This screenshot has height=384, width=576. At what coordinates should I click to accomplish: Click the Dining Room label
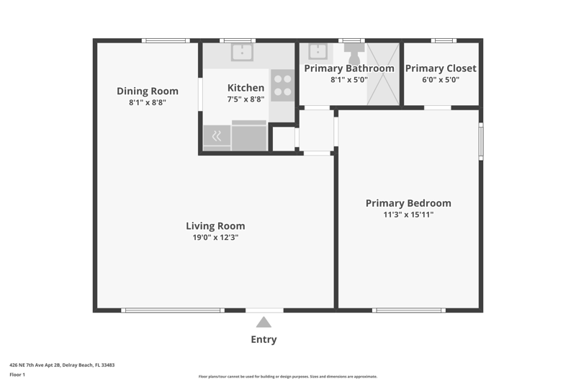(148, 91)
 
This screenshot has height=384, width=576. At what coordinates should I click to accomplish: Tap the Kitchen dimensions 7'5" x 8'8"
(246, 99)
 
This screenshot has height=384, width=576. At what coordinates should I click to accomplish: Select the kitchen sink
(242, 53)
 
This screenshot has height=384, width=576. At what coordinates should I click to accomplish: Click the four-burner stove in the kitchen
(282, 85)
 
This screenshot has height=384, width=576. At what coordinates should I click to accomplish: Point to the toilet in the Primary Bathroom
(354, 53)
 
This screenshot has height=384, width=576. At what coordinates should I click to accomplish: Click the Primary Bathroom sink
(318, 52)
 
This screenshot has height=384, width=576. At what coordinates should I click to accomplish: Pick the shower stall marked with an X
(383, 74)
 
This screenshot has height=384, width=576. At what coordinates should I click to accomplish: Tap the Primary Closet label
(441, 68)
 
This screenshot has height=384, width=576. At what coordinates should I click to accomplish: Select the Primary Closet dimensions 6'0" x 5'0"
(441, 80)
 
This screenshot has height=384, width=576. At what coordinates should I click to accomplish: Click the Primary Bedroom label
(408, 203)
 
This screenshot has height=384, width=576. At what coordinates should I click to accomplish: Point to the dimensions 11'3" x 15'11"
(408, 215)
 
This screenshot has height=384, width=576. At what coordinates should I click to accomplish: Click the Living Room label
(215, 226)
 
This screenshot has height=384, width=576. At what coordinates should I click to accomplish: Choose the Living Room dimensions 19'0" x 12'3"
(215, 237)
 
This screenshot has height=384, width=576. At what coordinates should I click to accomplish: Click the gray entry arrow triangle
(264, 322)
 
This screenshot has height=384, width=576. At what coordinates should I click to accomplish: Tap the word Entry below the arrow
(264, 339)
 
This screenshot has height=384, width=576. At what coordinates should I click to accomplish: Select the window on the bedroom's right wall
(481, 141)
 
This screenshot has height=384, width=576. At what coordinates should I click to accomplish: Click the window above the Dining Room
(166, 40)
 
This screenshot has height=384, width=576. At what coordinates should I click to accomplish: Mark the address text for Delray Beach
(62, 365)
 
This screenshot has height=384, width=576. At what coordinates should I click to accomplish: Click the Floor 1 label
(17, 375)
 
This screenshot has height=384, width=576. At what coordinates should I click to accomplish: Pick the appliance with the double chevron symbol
(217, 136)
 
